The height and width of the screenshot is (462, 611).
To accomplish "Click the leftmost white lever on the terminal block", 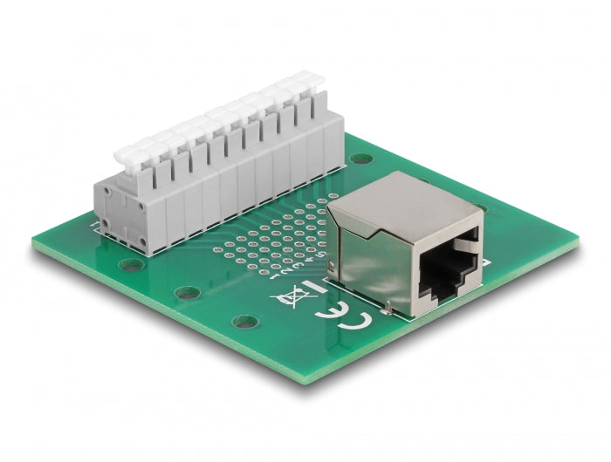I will click(126, 153).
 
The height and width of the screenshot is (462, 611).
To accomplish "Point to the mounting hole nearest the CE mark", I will click(246, 322).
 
